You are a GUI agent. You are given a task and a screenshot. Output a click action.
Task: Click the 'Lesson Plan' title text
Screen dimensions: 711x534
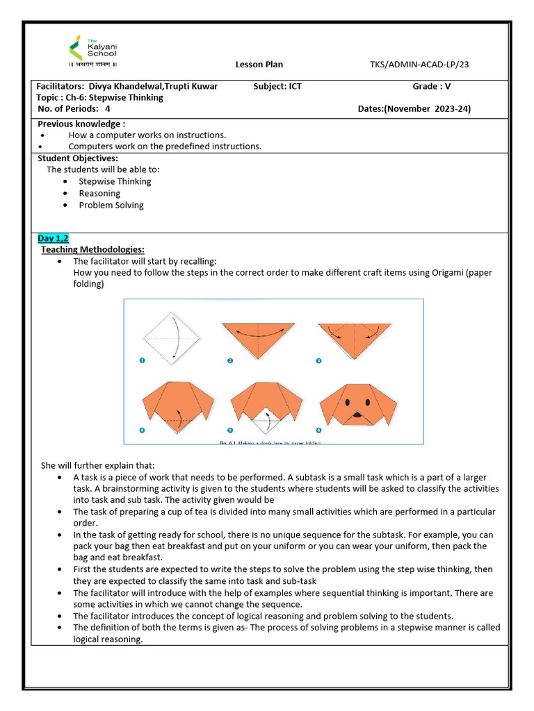pyautogui.click(x=259, y=65)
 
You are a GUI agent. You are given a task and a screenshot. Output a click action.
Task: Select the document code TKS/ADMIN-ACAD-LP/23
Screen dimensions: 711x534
pyautogui.click(x=419, y=65)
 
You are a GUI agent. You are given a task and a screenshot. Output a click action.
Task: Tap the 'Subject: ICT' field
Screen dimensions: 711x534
pyautogui.click(x=278, y=86)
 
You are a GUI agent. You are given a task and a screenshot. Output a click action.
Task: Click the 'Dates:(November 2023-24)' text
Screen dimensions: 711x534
pyautogui.click(x=419, y=109)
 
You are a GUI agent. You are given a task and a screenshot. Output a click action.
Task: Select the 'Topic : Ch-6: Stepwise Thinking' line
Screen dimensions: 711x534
pyautogui.click(x=100, y=98)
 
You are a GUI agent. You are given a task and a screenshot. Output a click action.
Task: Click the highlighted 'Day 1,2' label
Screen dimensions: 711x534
pyautogui.click(x=53, y=238)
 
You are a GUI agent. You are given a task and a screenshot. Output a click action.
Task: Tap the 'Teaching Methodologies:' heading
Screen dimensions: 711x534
pyautogui.click(x=92, y=249)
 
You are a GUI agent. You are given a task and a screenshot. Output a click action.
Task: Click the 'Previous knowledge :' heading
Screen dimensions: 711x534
pyautogui.click(x=81, y=124)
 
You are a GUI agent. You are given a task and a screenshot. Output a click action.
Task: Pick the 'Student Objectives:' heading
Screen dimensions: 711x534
pyautogui.click(x=77, y=158)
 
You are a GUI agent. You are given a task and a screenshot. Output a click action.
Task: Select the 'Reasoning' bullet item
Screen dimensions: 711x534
pyautogui.click(x=99, y=193)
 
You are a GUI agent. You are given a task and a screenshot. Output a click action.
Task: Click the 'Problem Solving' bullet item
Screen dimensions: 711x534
pyautogui.click(x=111, y=205)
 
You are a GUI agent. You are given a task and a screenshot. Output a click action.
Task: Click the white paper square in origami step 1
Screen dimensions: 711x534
pyautogui.click(x=171, y=338)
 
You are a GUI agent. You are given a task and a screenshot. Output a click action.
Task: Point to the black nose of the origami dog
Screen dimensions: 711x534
pyautogui.click(x=357, y=415)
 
